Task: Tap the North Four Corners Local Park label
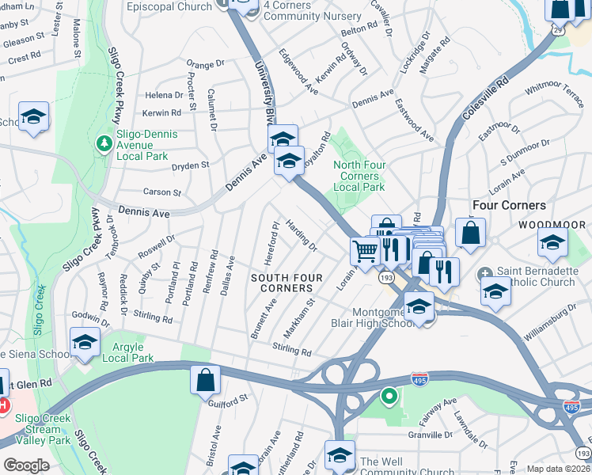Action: pyautogui.click(x=359, y=177)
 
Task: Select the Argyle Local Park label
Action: pyautogui.click(x=128, y=352)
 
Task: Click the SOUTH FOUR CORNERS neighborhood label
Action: pyautogui.click(x=282, y=283)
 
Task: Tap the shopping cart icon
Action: pyautogui.click(x=364, y=251)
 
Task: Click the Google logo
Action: pyautogui.click(x=26, y=465)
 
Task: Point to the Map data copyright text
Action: pyautogui.click(x=559, y=469)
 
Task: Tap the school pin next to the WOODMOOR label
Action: pyautogui.click(x=552, y=242)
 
